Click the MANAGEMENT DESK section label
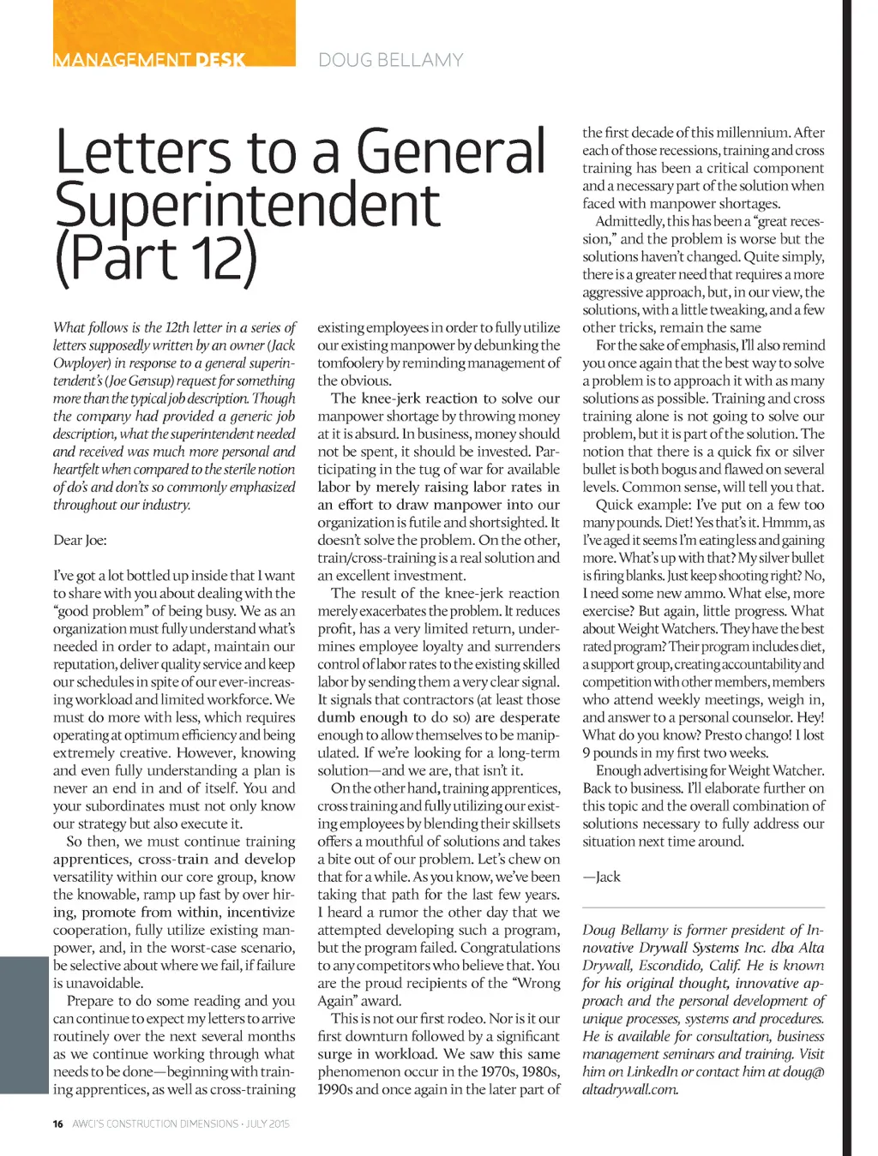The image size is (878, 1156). coord(149,60)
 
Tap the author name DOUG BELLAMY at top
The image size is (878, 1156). coord(390,60)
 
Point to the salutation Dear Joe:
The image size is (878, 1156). coord(80,540)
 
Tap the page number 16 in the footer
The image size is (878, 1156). coord(57,1123)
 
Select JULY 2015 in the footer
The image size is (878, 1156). coord(268,1123)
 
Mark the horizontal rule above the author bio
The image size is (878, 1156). coord(703,907)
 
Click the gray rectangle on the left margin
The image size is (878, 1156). coord(23,1025)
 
